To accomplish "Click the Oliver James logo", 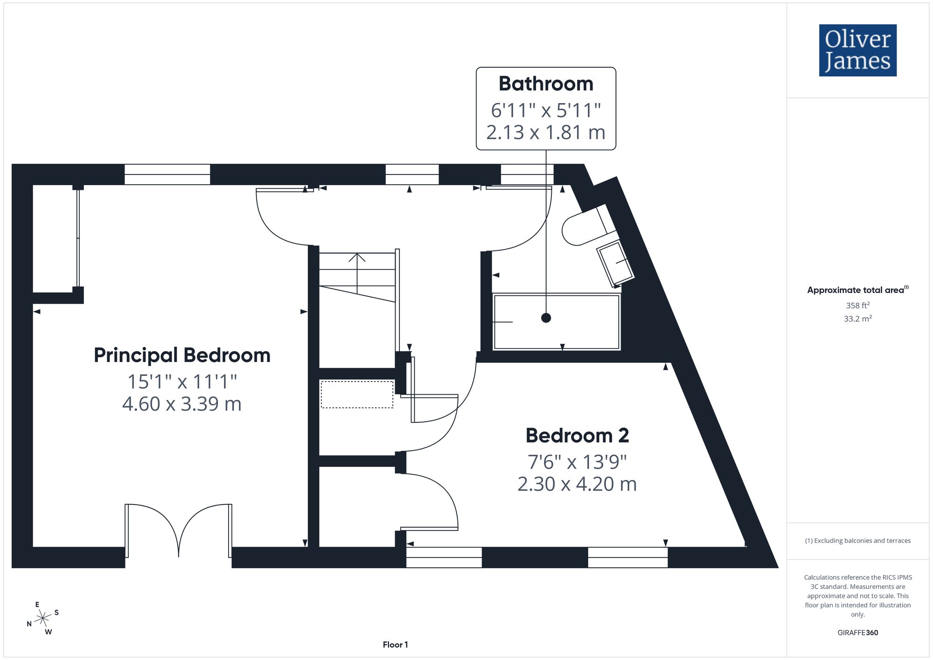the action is click(x=857, y=50).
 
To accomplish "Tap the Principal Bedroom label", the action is click(x=182, y=355).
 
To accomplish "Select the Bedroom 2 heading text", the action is click(x=577, y=436).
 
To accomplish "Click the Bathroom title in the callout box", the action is click(x=546, y=84).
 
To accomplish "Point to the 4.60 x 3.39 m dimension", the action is click(x=182, y=404).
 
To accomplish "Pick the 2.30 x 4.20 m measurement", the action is click(x=577, y=484).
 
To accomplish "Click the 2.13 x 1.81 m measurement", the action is click(x=546, y=132).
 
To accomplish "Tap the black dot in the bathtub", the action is click(x=546, y=318).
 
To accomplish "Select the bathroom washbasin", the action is click(x=615, y=263).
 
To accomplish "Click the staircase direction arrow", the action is click(x=357, y=273).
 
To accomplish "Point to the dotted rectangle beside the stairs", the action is click(x=357, y=395).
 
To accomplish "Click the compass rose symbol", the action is click(x=43, y=618).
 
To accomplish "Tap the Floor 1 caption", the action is click(x=395, y=645).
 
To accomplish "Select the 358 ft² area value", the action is click(x=857, y=305).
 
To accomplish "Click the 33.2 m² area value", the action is click(x=857, y=319).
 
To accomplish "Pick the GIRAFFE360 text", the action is click(x=857, y=632).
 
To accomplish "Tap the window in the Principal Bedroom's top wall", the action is click(x=167, y=174).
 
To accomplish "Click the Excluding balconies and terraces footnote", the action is click(x=857, y=541).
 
